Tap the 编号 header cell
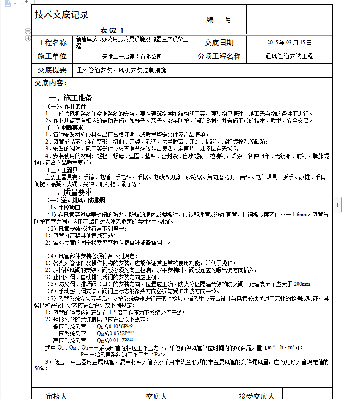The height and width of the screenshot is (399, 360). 219,20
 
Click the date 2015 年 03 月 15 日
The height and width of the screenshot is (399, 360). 290,43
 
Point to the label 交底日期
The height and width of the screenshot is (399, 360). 219,43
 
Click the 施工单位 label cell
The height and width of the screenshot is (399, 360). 52,57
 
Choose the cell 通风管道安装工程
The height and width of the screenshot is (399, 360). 289,57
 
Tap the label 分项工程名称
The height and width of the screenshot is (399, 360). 219,57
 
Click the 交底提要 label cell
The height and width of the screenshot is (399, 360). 52,70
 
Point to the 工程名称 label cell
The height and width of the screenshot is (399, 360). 52,43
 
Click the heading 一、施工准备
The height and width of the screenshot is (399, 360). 70,98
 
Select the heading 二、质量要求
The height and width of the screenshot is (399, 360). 70,192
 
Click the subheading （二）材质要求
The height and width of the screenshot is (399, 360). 66,128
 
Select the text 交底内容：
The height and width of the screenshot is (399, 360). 51,83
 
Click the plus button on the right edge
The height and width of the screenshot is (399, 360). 338,205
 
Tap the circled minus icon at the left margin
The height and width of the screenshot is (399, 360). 28,31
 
